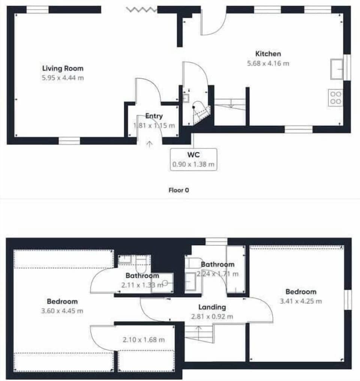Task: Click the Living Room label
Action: tap(63, 68)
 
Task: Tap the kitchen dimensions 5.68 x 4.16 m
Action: tap(268, 63)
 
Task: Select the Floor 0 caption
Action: tap(178, 190)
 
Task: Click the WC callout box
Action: tap(193, 160)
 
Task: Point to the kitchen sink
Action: tap(336, 69)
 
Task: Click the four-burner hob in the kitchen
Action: tap(335, 97)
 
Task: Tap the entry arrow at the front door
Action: tap(149, 144)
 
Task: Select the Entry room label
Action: tap(154, 116)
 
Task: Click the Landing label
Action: tap(212, 307)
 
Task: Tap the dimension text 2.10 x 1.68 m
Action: tap(144, 340)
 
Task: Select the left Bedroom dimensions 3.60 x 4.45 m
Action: tap(62, 310)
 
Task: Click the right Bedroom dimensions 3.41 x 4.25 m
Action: tap(301, 301)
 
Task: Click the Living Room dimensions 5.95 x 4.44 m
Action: tap(63, 78)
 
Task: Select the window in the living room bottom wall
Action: tap(69, 141)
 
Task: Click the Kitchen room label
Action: tap(268, 54)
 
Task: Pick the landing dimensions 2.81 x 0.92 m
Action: tap(212, 316)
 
